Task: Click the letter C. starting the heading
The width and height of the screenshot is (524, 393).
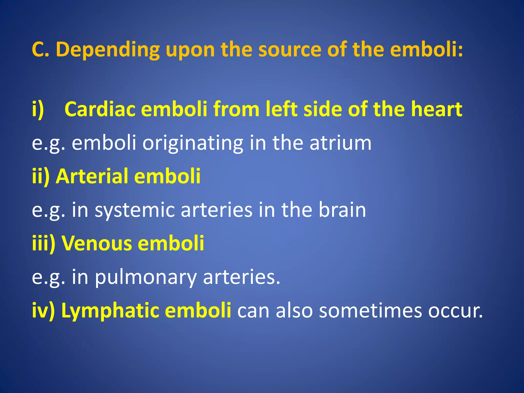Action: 40,49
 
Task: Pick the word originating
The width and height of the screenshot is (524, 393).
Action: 193,143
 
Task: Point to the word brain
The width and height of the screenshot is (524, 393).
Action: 342,210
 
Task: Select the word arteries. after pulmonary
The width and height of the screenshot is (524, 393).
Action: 242,277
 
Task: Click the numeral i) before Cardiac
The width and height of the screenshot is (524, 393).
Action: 38,110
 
